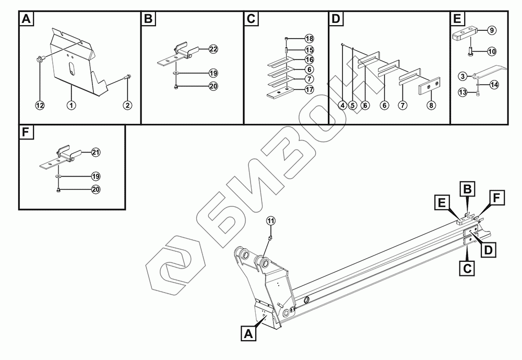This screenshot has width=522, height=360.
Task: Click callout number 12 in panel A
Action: pyautogui.click(x=40, y=105)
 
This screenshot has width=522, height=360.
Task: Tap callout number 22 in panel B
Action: pyautogui.click(x=213, y=49)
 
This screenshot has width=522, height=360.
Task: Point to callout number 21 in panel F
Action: pyautogui.click(x=95, y=152)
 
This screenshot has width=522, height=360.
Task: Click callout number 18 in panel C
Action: pyautogui.click(x=309, y=39)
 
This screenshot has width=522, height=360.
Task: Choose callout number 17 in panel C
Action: pyautogui.click(x=309, y=89)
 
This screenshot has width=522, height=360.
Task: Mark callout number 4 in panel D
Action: pyautogui.click(x=342, y=105)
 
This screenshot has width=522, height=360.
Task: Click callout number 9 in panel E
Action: pyautogui.click(x=491, y=31)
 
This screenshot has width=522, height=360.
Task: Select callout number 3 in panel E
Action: pyautogui.click(x=462, y=76)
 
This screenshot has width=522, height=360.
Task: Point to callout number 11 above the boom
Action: pyautogui.click(x=270, y=220)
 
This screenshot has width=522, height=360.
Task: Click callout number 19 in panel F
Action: pyautogui.click(x=95, y=176)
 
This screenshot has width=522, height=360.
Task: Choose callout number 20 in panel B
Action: pyautogui.click(x=213, y=86)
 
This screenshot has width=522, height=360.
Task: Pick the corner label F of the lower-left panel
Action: pyautogui.click(x=26, y=133)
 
